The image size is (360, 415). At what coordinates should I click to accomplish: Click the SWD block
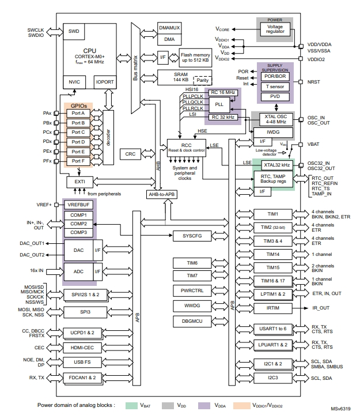(x=74, y=32)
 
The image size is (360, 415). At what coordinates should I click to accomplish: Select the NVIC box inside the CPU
(x=74, y=82)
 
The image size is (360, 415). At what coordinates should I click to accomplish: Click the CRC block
(x=130, y=154)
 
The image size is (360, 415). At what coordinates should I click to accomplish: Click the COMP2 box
(x=79, y=223)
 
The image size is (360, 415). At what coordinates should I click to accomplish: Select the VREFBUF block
(x=79, y=205)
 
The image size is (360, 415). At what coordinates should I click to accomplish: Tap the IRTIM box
(x=273, y=309)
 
